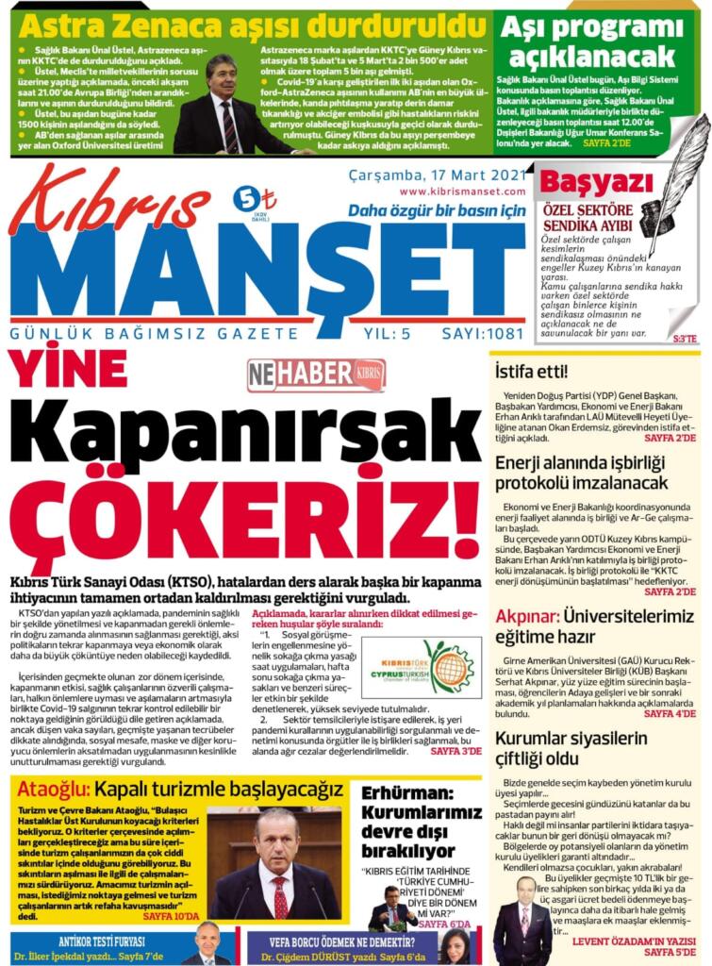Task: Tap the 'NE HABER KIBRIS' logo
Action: pos(316,375)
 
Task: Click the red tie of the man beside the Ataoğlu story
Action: pos(280,896)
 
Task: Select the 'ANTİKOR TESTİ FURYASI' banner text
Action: pos(102,941)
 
